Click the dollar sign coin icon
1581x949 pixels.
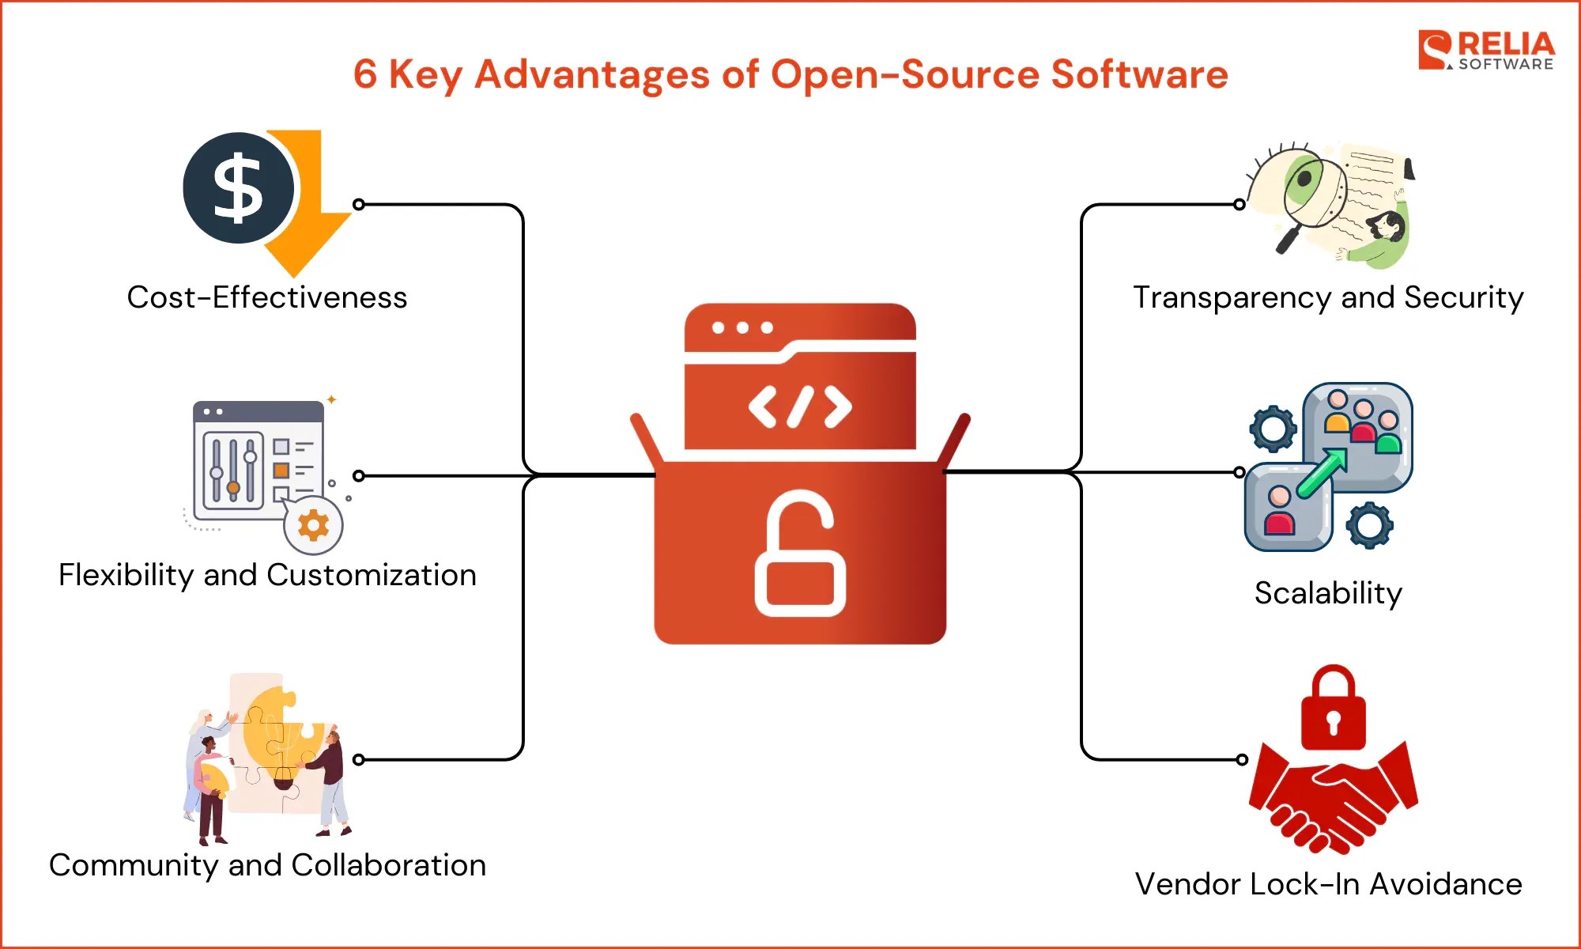[x=239, y=188]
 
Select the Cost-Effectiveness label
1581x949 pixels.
[x=267, y=298]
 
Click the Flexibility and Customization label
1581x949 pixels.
[x=267, y=575]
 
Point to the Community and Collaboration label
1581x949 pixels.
[x=267, y=865]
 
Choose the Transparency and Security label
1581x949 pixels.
[x=1328, y=298]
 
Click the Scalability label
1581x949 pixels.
[x=1328, y=593]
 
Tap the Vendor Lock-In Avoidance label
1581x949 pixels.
[x=1328, y=884]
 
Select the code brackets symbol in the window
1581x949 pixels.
[x=800, y=406]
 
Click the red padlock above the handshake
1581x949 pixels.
[x=1333, y=709]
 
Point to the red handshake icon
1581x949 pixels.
[x=1333, y=799]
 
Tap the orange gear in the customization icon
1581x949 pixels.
[x=313, y=525]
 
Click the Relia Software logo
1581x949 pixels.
[x=1486, y=51]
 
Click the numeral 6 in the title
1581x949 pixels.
[x=365, y=75]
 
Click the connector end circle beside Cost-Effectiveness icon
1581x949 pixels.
[x=359, y=204]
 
